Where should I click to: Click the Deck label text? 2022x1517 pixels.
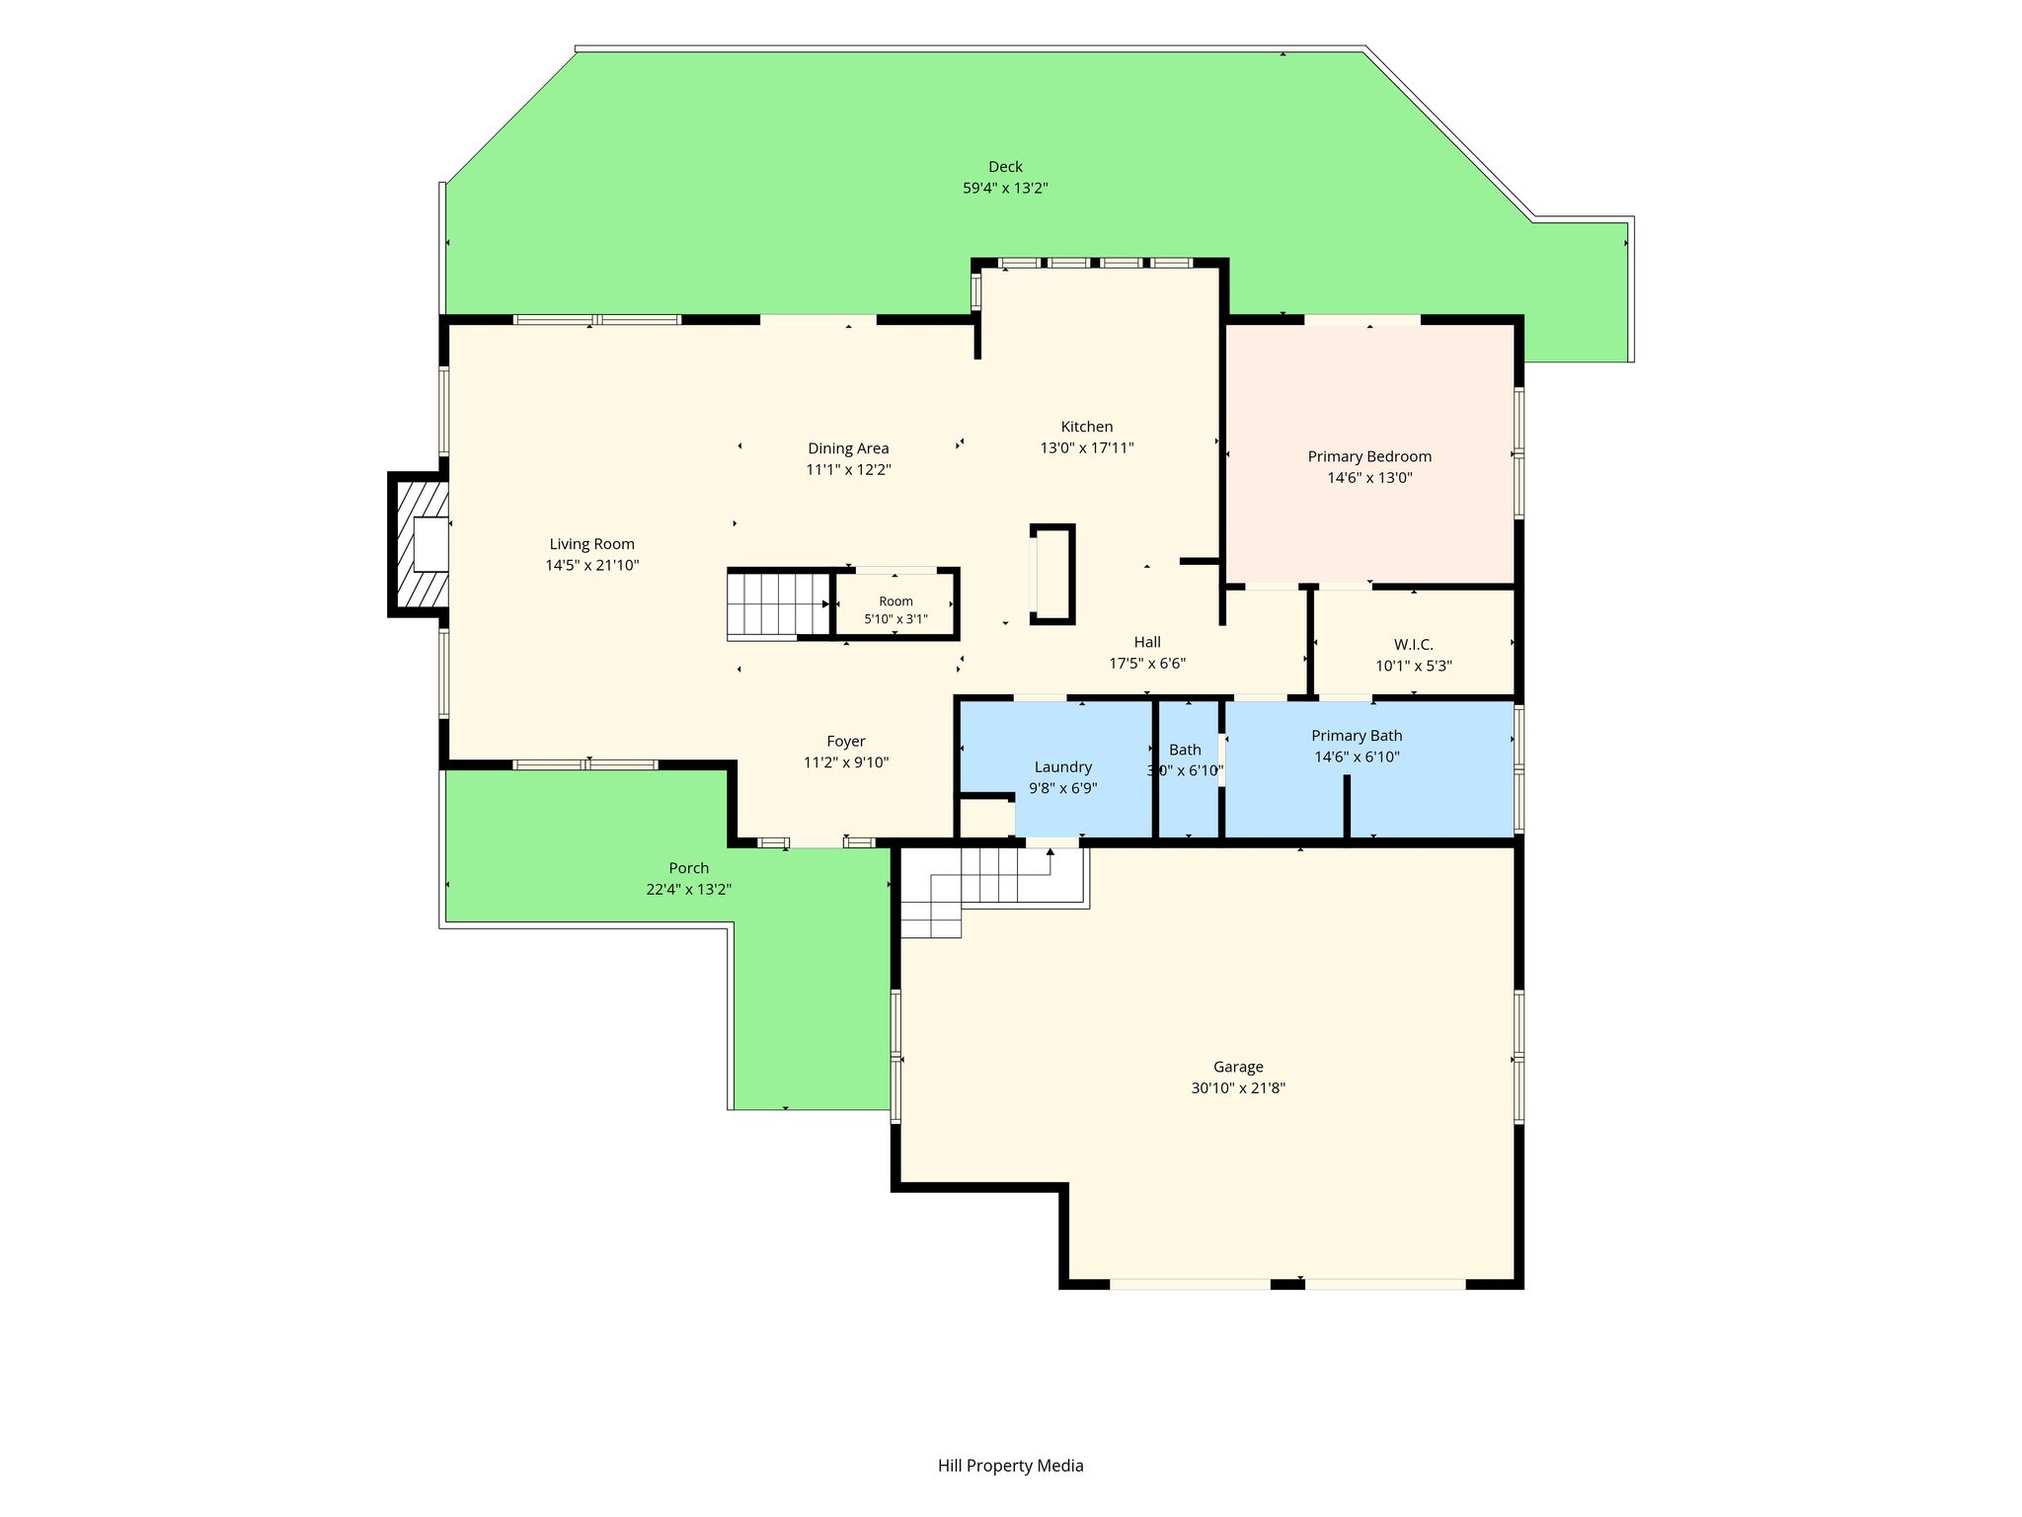coord(1005,167)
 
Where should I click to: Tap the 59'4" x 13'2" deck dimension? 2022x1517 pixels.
coord(1005,188)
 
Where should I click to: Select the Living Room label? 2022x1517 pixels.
coord(591,544)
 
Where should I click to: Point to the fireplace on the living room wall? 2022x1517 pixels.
coord(420,544)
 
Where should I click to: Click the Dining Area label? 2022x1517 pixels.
coord(848,448)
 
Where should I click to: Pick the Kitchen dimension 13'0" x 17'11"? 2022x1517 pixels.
coord(1086,447)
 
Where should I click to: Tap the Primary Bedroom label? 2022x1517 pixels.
coord(1369,456)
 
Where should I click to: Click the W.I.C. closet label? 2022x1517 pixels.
coord(1414,644)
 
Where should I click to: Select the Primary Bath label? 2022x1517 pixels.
coord(1357,736)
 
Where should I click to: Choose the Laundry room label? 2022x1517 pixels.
coord(1062,767)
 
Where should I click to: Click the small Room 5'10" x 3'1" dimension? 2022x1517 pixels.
coord(895,619)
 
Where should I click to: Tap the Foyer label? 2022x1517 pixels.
coord(846,741)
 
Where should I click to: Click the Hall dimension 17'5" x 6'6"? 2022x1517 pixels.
coord(1147,664)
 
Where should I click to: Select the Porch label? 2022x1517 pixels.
coord(688,868)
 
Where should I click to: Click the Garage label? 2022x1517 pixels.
coord(1238,1067)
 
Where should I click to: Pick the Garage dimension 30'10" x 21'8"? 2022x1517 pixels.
coord(1238,1088)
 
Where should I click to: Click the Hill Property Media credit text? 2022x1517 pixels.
coord(1010,1466)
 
